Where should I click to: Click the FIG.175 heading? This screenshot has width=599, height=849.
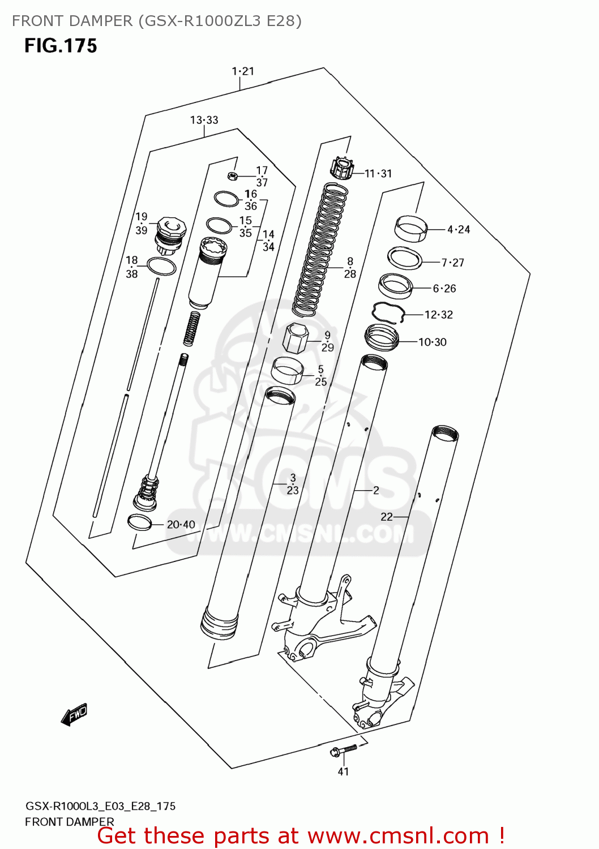click(61, 46)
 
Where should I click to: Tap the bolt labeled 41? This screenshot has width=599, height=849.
click(343, 750)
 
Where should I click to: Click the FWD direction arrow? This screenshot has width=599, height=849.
click(74, 714)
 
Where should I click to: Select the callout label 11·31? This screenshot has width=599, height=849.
click(378, 174)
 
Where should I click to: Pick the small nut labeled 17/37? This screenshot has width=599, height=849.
click(232, 175)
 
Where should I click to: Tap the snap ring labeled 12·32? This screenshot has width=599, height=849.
click(388, 312)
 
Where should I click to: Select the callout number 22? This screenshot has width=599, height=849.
click(387, 517)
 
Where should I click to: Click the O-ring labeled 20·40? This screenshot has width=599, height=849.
click(139, 522)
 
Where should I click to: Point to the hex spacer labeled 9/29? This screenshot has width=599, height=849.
click(295, 338)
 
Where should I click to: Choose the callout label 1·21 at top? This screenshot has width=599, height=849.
click(243, 71)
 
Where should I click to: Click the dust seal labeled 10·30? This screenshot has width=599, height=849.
click(382, 337)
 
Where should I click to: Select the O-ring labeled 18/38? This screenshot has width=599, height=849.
click(161, 266)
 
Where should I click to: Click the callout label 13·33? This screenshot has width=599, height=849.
click(204, 120)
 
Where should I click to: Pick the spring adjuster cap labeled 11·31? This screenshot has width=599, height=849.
click(341, 168)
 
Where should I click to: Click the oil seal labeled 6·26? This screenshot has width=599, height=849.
click(395, 285)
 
